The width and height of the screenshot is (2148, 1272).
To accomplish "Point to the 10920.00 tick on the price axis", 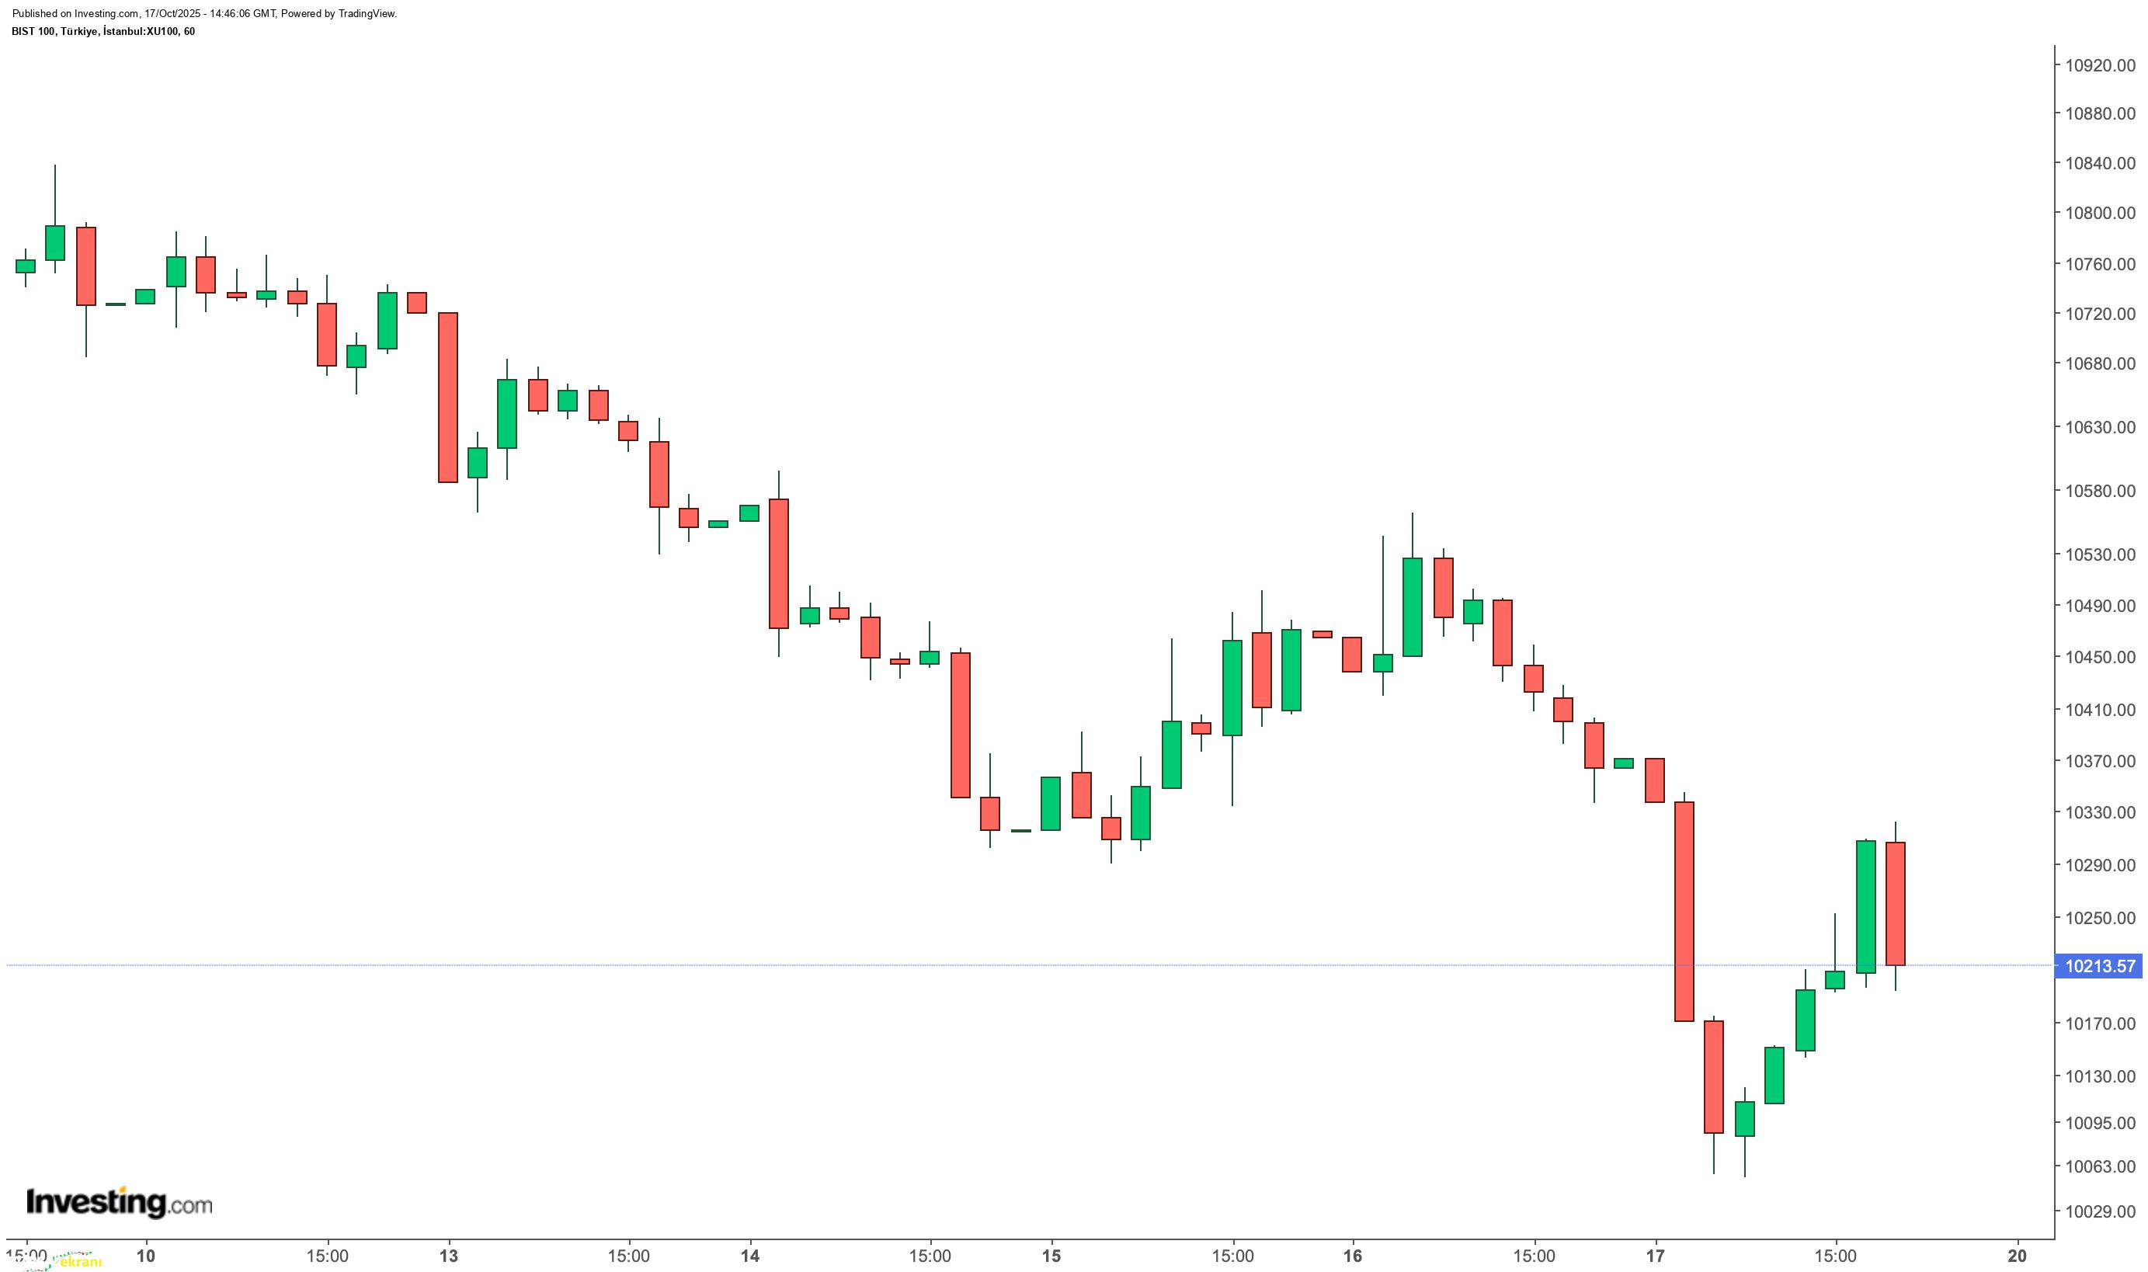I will (2099, 65).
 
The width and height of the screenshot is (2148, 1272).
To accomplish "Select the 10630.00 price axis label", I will (2099, 427).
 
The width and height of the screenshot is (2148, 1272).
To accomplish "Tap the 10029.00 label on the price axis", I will (2099, 1211).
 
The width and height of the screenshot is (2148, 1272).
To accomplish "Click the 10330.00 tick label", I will (2099, 812).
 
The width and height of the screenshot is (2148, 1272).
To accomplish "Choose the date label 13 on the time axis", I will (448, 1256).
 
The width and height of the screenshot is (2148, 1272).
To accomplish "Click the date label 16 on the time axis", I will (1353, 1256).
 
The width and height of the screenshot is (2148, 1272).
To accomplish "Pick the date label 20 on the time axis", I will (2018, 1256).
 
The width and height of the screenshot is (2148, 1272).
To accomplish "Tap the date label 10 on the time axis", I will (147, 1256).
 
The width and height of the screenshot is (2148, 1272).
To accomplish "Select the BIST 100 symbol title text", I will (103, 32).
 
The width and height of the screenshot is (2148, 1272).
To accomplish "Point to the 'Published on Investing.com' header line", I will (204, 14).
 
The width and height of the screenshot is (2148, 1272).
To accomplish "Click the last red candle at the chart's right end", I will (1895, 903).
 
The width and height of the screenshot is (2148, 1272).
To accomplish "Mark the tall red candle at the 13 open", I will (448, 397).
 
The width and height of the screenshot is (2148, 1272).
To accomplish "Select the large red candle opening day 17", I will (1684, 911).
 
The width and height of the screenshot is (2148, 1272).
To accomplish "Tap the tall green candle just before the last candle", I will (1865, 906).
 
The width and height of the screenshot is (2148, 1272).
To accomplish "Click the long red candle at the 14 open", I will (778, 563).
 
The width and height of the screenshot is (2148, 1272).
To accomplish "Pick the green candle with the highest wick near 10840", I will (55, 242).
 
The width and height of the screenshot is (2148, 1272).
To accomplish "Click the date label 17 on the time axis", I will (1655, 1256).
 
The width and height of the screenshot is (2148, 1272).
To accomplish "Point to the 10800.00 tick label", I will (2099, 213).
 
